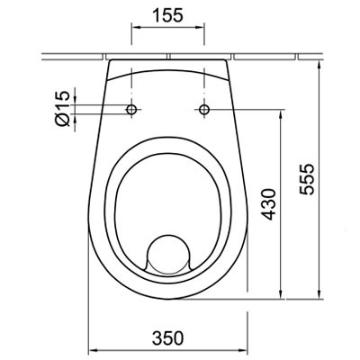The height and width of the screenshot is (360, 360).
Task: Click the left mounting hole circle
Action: pos(133,110)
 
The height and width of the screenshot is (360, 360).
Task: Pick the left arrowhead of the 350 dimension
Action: pos(91,348)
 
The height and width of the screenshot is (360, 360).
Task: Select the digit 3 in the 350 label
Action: pos(156,337)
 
